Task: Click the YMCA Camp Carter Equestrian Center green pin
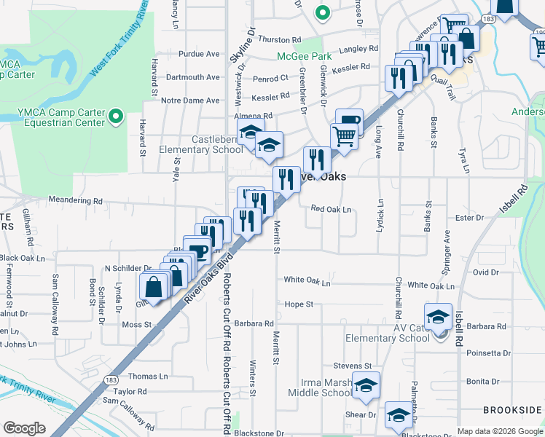[x=115, y=116]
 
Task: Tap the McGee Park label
[x=304, y=56]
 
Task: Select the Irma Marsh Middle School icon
[x=366, y=385]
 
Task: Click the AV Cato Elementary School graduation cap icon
[x=438, y=316]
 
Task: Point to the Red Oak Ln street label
[x=331, y=210]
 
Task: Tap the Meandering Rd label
[x=75, y=200]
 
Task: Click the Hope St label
[x=299, y=304]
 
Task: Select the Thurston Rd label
[x=279, y=40]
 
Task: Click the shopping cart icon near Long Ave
[x=344, y=135]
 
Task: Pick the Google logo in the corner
[x=24, y=428]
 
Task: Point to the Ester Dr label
[x=468, y=218]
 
